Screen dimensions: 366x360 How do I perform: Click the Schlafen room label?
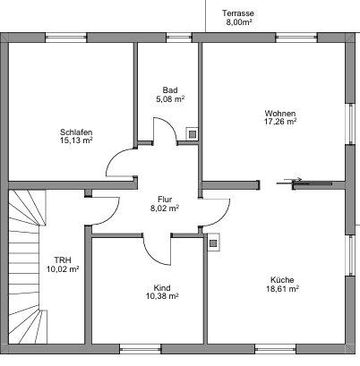click(76, 132)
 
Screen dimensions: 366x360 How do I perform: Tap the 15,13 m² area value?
click(76, 140)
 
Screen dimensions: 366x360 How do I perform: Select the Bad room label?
click(170, 89)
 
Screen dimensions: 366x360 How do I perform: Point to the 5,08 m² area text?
click(170, 99)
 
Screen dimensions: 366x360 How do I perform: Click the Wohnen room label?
click(279, 113)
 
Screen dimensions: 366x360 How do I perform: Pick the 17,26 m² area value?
click(279, 123)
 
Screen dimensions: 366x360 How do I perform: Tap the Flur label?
click(165, 199)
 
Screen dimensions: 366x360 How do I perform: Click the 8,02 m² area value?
click(165, 209)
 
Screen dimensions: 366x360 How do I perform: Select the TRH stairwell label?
click(63, 260)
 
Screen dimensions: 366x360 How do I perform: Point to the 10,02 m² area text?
click(63, 269)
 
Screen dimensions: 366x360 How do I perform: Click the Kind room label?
click(162, 287)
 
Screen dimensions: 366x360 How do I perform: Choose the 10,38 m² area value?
click(162, 297)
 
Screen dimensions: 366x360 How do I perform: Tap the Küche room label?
click(281, 280)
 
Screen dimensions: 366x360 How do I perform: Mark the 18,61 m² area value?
click(281, 290)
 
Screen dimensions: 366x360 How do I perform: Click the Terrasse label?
click(239, 14)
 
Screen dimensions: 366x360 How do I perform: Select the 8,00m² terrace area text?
click(239, 23)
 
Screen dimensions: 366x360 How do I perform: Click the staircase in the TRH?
click(25, 268)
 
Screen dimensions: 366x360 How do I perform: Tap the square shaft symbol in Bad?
click(192, 133)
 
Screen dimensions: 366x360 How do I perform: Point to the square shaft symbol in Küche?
click(213, 241)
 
